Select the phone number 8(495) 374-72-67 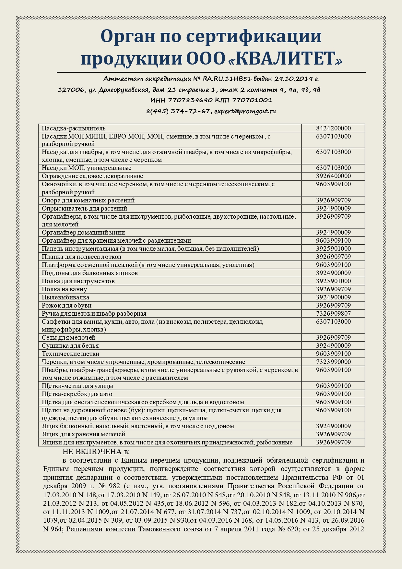pos(178,111)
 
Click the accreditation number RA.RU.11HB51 pos(227,79)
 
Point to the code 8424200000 pos(333,128)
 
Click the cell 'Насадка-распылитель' pos(74,128)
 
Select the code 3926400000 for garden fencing pos(333,176)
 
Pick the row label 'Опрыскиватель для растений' pos(84,208)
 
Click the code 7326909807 pos(333,313)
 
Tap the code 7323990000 pos(333,362)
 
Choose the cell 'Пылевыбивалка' pos(65,297)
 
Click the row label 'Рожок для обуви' pos(66,305)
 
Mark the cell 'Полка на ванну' pos(64,289)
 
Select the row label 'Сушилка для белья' pos(70,345)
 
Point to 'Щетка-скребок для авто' pos(77,394)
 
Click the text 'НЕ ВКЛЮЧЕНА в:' pos(96,452)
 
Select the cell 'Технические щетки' pos(70,354)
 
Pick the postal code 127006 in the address pos(71,90)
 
